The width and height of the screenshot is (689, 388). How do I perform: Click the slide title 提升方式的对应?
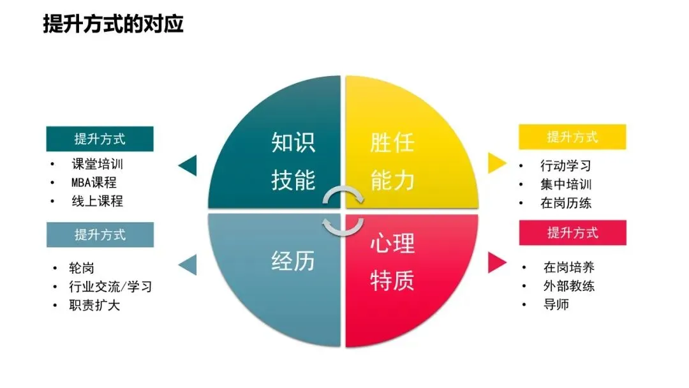click(113, 24)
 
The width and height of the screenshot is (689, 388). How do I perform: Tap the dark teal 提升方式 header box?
click(100, 138)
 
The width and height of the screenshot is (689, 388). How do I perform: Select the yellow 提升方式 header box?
click(572, 137)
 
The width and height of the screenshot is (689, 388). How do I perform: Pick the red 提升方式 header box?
click(572, 233)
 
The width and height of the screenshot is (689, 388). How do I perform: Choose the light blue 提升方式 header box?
click(100, 234)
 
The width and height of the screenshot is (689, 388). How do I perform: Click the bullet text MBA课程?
click(94, 183)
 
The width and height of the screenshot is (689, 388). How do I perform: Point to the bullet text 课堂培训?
click(97, 164)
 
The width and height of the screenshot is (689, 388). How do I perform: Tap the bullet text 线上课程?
click(97, 201)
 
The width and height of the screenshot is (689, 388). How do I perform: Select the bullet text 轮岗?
click(82, 268)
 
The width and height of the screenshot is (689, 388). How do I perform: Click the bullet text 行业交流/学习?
click(110, 287)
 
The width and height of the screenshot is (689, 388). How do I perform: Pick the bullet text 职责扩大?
click(94, 305)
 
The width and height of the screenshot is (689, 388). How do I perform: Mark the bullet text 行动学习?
click(566, 166)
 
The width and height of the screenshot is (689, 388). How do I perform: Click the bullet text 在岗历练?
click(566, 204)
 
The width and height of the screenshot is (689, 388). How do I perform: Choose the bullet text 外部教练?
click(568, 286)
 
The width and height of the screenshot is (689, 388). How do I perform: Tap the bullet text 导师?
click(556, 304)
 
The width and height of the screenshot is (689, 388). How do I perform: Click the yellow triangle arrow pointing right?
click(496, 163)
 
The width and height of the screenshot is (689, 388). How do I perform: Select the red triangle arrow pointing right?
click(496, 262)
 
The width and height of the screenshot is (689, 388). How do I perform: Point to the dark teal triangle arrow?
click(188, 166)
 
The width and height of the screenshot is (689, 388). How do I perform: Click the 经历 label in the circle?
click(293, 261)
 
